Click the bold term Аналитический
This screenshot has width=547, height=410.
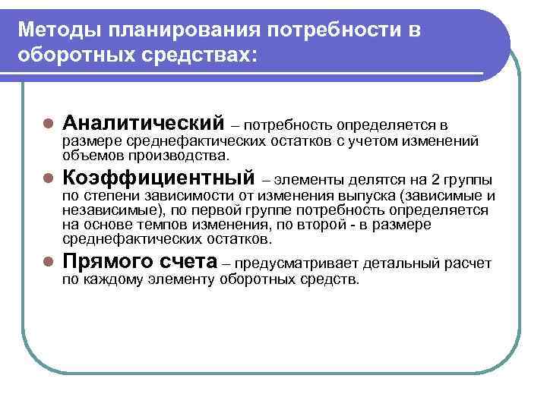[x=144, y=122]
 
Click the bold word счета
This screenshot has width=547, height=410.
[x=191, y=262]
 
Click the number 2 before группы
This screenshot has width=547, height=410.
[x=435, y=180]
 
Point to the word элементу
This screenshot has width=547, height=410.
[x=179, y=280]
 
